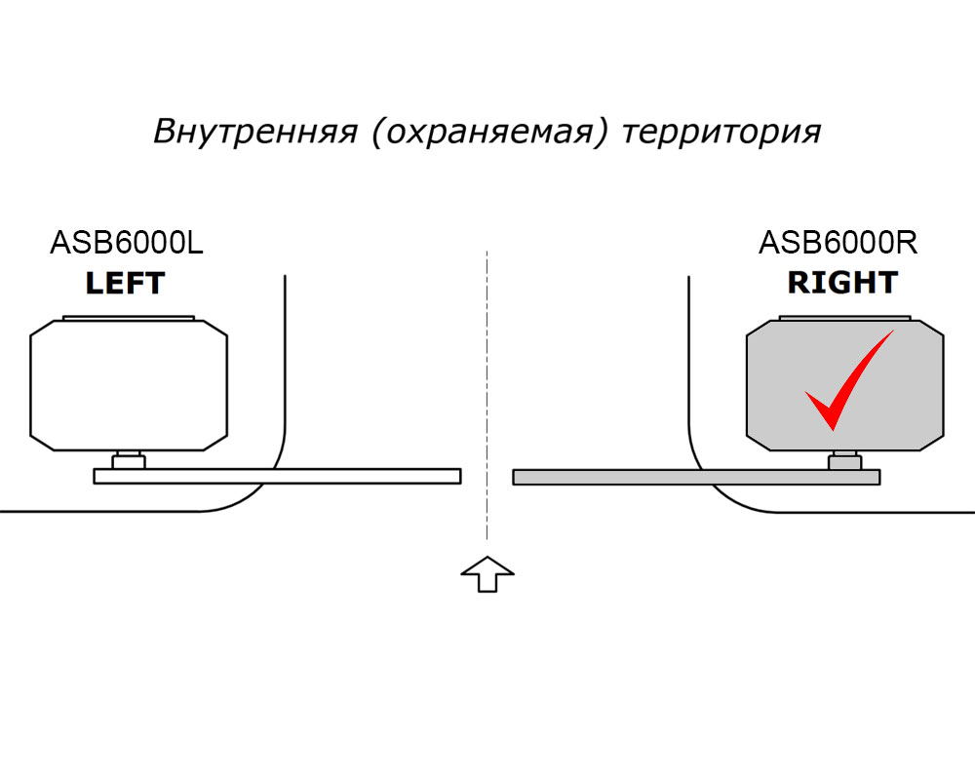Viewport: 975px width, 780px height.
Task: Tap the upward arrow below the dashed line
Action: [487, 574]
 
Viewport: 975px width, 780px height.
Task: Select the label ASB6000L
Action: [127, 242]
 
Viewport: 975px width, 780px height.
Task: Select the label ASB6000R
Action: [838, 242]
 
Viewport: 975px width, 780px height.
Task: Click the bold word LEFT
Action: [125, 284]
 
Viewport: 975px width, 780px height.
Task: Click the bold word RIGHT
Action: [842, 283]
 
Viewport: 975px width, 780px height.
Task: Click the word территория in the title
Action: [721, 132]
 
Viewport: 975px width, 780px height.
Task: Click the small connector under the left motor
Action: [129, 461]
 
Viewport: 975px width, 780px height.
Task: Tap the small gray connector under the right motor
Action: [844, 461]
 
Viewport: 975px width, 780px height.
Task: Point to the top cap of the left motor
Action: [129, 318]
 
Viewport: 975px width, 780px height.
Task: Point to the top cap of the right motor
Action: [844, 318]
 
